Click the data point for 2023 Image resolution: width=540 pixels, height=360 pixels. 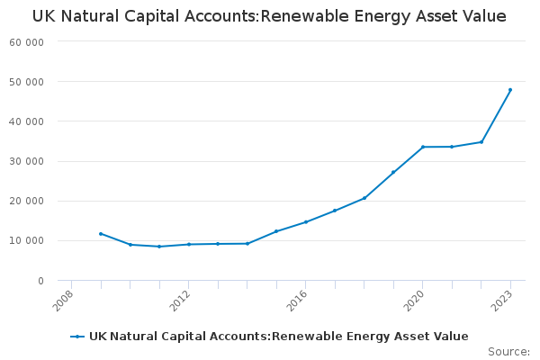click(510, 90)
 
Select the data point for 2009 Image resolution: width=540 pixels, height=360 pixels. click(101, 234)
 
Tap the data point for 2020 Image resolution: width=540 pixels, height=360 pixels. click(422, 147)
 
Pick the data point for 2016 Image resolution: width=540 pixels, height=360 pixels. click(305, 221)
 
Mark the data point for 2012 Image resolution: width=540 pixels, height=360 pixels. click(188, 244)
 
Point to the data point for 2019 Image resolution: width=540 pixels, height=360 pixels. click(393, 172)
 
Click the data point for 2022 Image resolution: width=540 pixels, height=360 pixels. click(481, 142)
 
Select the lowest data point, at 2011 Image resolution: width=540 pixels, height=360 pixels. click(159, 247)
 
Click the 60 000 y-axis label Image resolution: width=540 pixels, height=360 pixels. click(27, 42)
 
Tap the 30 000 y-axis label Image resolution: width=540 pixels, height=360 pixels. click(27, 162)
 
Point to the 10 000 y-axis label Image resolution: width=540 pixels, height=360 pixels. click(27, 241)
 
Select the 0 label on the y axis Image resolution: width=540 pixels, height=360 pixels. click(40, 281)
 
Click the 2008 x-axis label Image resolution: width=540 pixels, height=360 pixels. click(64, 301)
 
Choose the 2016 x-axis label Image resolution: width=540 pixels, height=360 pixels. click(298, 301)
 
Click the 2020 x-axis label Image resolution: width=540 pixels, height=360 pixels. click(415, 301)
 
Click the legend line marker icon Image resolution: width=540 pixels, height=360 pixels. click(78, 337)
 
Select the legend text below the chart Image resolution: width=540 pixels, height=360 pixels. click(278, 337)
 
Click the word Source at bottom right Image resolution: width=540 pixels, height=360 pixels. click(508, 352)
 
